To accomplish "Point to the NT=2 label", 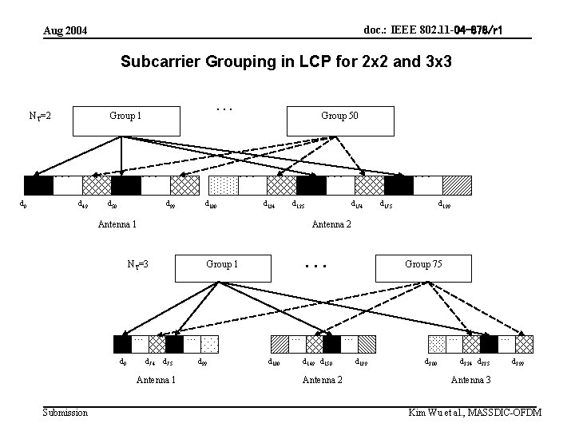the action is [x=41, y=117].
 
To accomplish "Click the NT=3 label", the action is [x=138, y=265].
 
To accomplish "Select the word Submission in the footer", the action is [x=65, y=412].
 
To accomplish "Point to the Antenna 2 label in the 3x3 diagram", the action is [x=323, y=379].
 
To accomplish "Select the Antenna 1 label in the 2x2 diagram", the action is [x=117, y=223].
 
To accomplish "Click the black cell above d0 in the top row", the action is [x=38, y=185].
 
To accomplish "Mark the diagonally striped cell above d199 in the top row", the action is [x=457, y=185].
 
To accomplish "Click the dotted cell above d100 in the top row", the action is [x=223, y=185].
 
